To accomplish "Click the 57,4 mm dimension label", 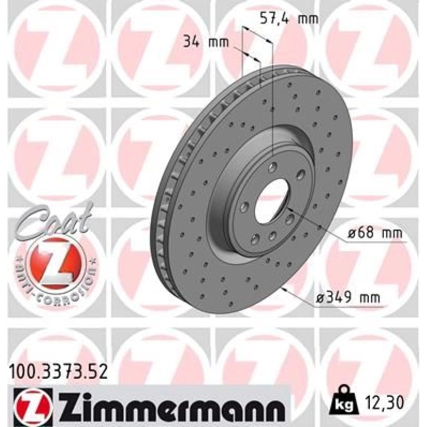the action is coord(289,19).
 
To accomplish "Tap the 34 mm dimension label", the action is coord(206,43).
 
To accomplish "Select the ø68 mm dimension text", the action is coord(375,233).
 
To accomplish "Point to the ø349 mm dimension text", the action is coord(348,298).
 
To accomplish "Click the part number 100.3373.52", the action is coord(59,372).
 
